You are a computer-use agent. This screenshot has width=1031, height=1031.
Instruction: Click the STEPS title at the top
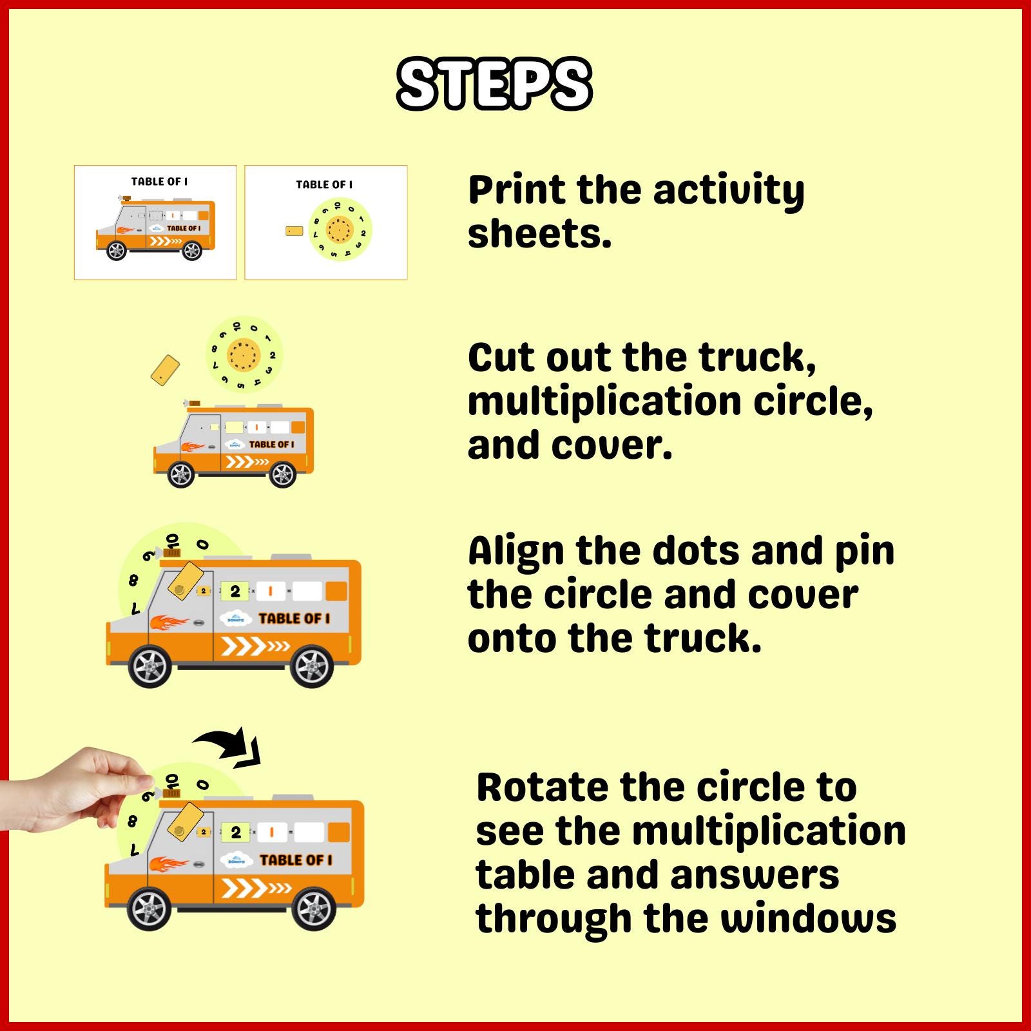click(x=494, y=84)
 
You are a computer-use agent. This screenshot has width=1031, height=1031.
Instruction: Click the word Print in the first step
click(x=516, y=191)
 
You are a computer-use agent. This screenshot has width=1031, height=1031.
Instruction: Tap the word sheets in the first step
click(x=539, y=233)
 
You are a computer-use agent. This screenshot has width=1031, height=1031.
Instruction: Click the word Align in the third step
click(x=515, y=552)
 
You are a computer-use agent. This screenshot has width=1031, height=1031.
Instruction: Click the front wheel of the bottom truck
click(x=149, y=909)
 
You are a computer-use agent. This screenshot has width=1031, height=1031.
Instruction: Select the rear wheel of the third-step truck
click(x=312, y=666)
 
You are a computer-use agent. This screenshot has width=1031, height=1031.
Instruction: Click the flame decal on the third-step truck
click(x=169, y=622)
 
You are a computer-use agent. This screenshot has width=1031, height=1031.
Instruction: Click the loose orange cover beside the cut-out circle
click(x=165, y=371)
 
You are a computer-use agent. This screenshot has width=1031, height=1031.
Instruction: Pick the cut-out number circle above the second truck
click(x=244, y=354)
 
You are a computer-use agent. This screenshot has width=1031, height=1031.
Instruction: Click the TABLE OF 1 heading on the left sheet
click(x=159, y=182)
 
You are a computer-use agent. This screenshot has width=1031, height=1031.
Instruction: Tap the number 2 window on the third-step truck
click(x=235, y=591)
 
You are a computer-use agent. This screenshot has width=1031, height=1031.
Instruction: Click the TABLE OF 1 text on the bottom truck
click(x=296, y=860)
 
